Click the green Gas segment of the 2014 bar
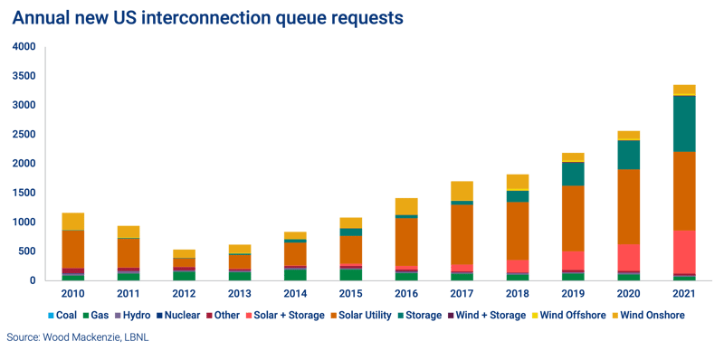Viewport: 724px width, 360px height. coord(295,275)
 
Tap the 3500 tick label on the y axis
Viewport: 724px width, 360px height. coord(25,76)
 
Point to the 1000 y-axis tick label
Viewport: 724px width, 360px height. coord(25,222)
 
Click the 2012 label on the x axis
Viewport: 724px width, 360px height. coord(184,293)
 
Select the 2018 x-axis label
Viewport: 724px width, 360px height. coord(516,293)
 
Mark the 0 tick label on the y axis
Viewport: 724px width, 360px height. coord(33,280)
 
